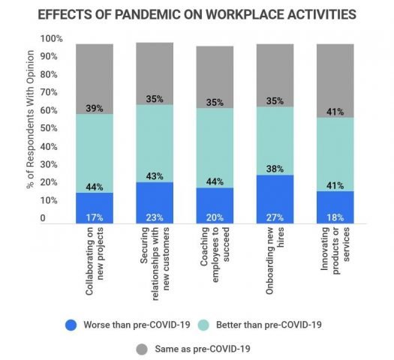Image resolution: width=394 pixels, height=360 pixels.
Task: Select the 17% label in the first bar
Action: pos(95,217)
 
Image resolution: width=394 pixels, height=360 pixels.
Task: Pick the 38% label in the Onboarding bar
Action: pos(275,169)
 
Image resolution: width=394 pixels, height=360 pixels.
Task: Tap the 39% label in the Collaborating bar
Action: pos(95,108)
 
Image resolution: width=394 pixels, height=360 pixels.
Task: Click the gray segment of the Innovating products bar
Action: pos(335,75)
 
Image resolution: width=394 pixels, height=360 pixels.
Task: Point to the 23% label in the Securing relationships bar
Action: pos(155,217)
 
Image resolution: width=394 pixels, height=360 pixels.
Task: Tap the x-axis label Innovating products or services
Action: pos(335,259)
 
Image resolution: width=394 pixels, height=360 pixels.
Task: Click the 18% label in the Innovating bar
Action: pos(335,217)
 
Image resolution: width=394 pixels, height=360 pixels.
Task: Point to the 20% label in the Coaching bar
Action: pos(215,217)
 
